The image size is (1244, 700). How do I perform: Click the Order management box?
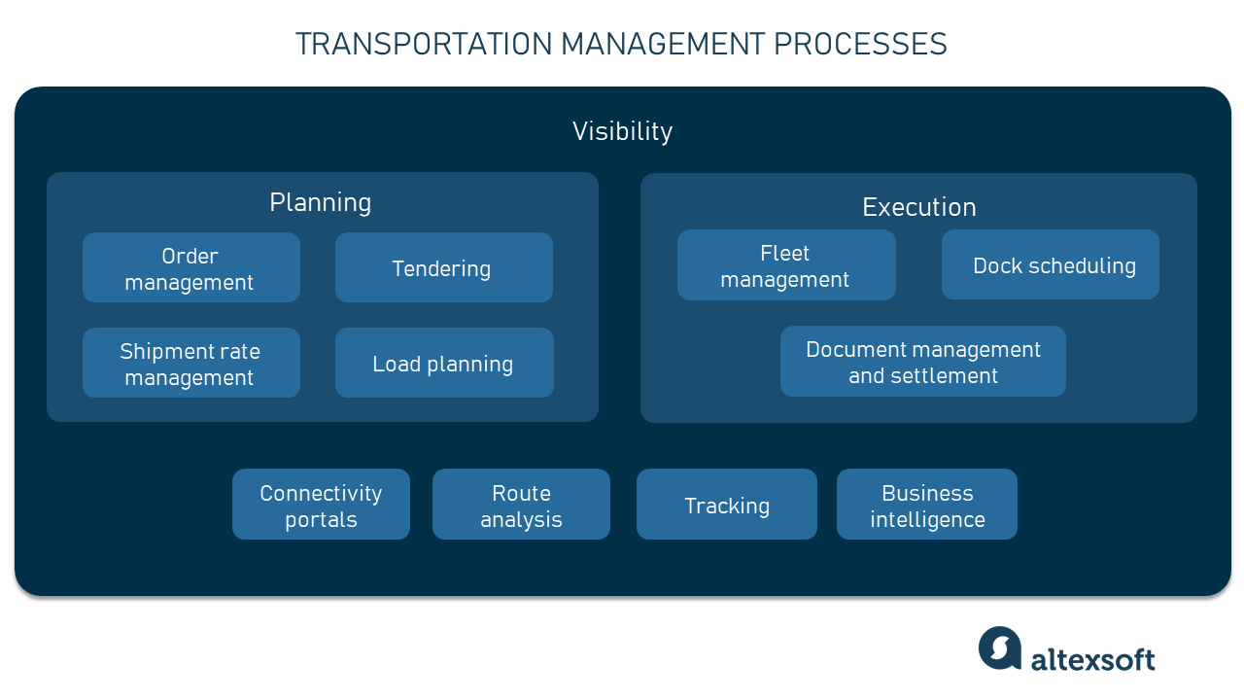coord(190,268)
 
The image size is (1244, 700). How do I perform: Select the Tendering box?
coord(443,268)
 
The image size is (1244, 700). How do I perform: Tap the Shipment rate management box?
coord(190,364)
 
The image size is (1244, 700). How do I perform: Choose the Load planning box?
coord(443,364)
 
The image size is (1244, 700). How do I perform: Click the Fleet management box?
coord(785,265)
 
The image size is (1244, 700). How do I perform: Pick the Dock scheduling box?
coord(1050,265)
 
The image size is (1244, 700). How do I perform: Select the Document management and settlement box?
coord(922,362)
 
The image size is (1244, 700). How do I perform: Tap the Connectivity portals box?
coord(321,505)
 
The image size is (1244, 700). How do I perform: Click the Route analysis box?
coord(521,505)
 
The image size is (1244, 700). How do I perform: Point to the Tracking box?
coord(726,505)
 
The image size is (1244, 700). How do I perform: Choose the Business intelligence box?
coord(926,505)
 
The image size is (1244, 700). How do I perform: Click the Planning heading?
coord(320,202)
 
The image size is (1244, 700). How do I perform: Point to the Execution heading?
coord(918,207)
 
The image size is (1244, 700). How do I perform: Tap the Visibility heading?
coord(622,131)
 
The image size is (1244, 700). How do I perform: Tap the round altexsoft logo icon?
coord(1000,648)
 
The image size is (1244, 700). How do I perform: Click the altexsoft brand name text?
coord(1092,659)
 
